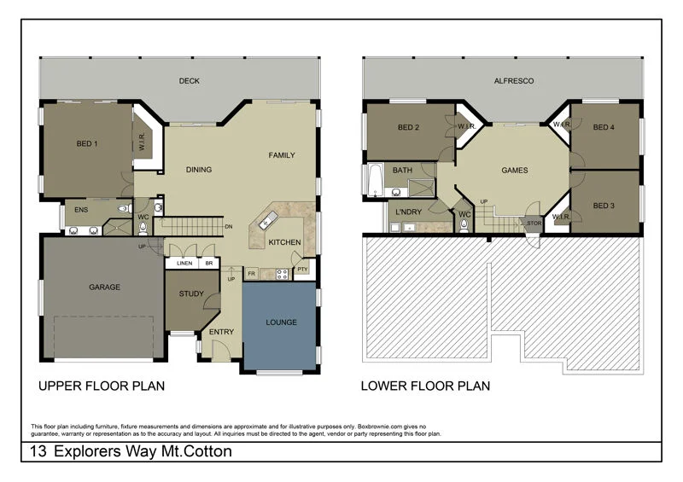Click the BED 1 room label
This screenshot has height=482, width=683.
point(87,144)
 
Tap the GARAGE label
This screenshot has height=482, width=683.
point(104,287)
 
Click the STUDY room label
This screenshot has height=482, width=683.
point(190,294)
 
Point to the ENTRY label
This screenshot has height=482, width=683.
point(221,332)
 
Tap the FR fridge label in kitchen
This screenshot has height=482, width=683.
point(252,274)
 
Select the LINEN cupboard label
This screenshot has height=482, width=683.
point(184,264)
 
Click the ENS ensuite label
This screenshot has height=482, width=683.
point(81,209)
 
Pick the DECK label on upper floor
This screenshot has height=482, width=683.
point(189,82)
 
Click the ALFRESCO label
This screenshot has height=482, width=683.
point(514,82)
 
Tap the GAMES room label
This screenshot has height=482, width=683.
point(514,170)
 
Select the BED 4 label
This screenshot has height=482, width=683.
point(604,128)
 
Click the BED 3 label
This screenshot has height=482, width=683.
point(604,206)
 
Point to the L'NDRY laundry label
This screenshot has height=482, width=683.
point(404,209)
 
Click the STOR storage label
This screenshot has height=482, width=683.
point(534,224)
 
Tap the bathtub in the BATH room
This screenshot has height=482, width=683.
point(374,180)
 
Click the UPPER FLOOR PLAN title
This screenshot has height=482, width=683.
point(102,386)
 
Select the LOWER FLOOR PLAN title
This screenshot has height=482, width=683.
point(425,386)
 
